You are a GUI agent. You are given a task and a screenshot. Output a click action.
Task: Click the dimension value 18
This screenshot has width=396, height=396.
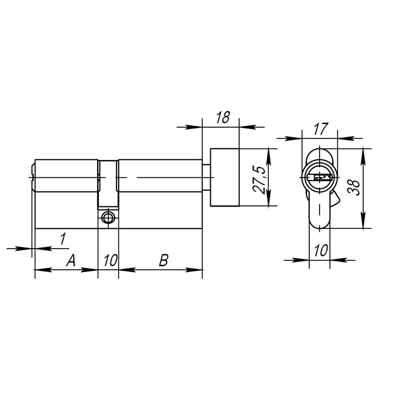(x=223, y=118)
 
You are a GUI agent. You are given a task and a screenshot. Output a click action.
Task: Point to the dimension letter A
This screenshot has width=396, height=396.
(x=70, y=261)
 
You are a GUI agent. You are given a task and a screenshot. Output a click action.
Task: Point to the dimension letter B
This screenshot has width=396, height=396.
(x=164, y=261)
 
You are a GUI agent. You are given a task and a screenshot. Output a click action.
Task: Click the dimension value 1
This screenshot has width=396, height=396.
(x=62, y=239)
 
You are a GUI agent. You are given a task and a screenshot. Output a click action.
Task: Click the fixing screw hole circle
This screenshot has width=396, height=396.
(x=108, y=217)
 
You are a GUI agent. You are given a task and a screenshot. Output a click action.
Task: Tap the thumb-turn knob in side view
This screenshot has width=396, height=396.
(x=225, y=177)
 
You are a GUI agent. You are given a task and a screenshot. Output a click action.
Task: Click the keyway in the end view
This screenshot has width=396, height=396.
(x=320, y=177)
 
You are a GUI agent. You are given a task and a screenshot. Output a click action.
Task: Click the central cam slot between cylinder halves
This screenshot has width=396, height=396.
(x=108, y=184)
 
